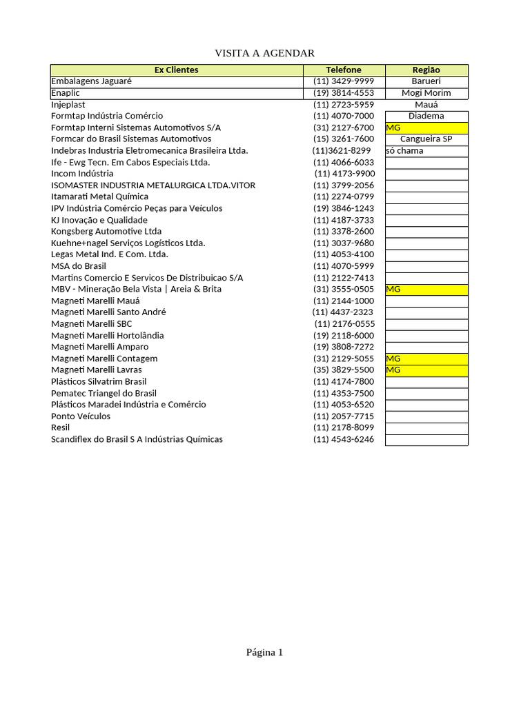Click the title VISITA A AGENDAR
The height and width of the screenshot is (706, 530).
pyautogui.click(x=264, y=53)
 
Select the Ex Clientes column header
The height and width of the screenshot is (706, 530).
pyautogui.click(x=176, y=70)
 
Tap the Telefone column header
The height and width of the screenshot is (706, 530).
pyautogui.click(x=344, y=70)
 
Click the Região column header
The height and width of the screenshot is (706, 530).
pyautogui.click(x=426, y=70)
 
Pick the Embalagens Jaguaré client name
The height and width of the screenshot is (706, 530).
pyautogui.click(x=91, y=81)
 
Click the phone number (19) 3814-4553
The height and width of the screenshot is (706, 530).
pyautogui.click(x=344, y=93)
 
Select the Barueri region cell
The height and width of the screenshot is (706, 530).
pyautogui.click(x=426, y=81)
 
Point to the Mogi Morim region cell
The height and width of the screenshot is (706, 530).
pyautogui.click(x=426, y=93)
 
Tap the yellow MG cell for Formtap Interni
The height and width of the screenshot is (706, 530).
pyautogui.click(x=426, y=128)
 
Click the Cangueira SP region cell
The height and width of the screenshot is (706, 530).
pyautogui.click(x=426, y=139)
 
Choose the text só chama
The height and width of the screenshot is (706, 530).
pyautogui.click(x=405, y=151)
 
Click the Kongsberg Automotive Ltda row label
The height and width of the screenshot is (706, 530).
pyautogui.click(x=106, y=232)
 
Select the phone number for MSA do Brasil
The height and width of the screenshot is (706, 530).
pyautogui.click(x=344, y=266)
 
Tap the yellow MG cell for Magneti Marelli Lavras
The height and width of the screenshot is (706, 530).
pyautogui.click(x=426, y=370)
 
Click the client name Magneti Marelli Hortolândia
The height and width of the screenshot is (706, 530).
pyautogui.click(x=108, y=336)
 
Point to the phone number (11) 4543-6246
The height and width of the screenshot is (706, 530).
pyautogui.click(x=344, y=439)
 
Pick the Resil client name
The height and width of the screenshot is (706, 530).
pyautogui.click(x=61, y=427)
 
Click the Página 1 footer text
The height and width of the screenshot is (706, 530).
pyautogui.click(x=264, y=652)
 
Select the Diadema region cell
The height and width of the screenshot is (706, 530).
pyautogui.click(x=426, y=116)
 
